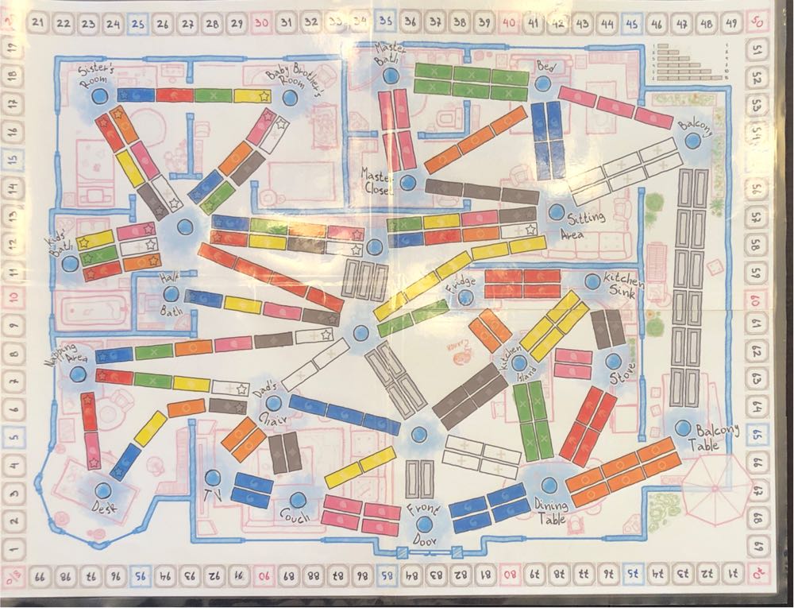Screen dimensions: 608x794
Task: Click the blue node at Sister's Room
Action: (99, 96)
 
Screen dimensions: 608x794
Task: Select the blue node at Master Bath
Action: (390, 77)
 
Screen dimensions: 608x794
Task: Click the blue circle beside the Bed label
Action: (544, 83)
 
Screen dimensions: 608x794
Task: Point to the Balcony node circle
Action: (693, 141)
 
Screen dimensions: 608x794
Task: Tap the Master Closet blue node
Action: (408, 183)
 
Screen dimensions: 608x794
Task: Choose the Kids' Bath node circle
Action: (70, 261)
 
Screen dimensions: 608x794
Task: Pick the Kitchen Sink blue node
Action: (592, 281)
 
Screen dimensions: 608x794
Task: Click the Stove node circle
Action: (613, 361)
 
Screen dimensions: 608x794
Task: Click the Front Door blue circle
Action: (424, 524)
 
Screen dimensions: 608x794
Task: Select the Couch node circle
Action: (298, 500)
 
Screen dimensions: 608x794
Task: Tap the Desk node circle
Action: (102, 490)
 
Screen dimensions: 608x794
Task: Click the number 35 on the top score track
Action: (386, 24)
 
